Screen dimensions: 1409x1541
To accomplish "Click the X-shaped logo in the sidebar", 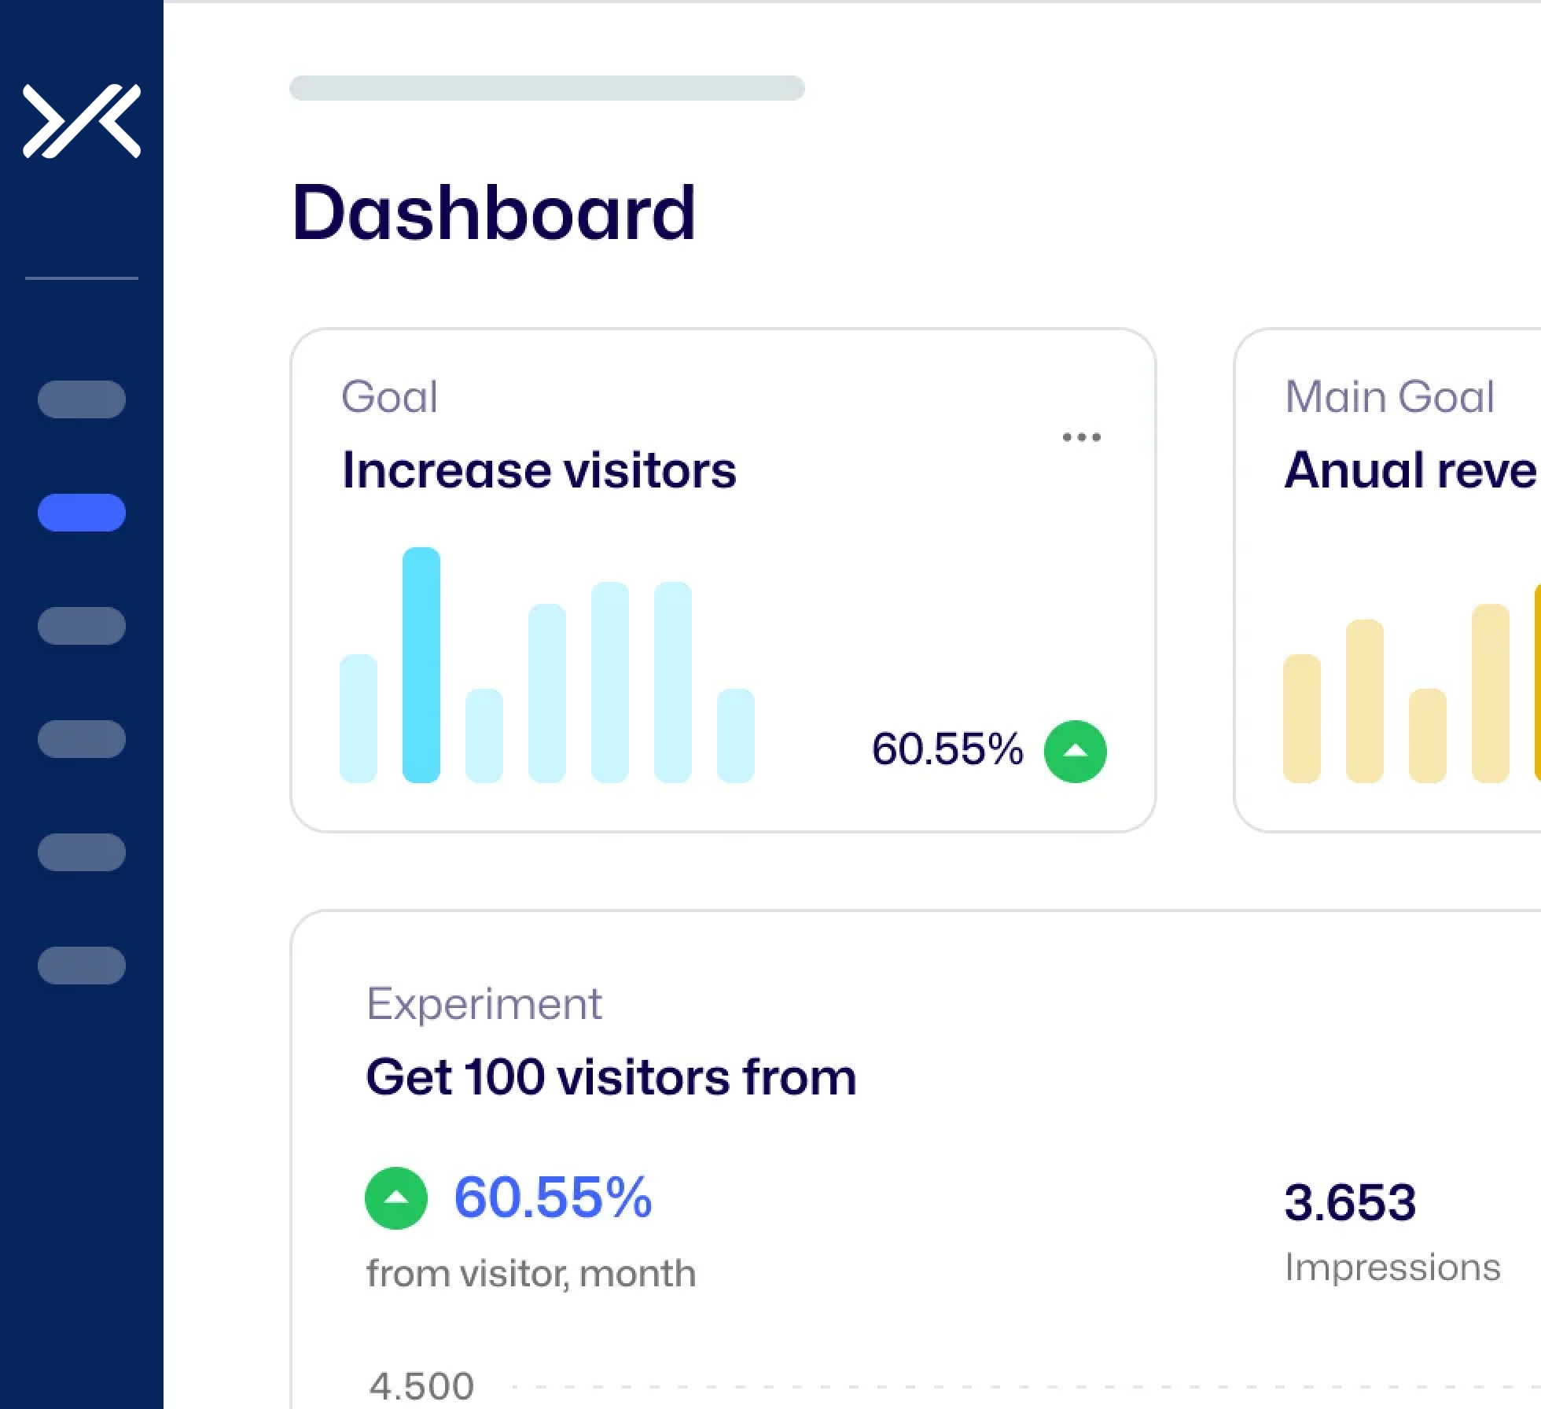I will [x=82, y=121].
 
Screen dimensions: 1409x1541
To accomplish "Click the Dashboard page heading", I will [x=493, y=212].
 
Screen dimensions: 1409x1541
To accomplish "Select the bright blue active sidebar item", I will [x=82, y=513].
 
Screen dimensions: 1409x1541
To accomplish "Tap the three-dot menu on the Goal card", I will [x=1081, y=437].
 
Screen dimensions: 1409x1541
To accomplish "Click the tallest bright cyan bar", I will [x=421, y=665].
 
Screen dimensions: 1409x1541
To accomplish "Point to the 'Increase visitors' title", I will [x=539, y=470].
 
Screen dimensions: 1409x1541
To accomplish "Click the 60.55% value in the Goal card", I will [x=947, y=749].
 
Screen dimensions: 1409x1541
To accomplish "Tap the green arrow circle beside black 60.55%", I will [x=1075, y=752].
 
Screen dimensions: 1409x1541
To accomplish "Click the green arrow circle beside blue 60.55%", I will [x=396, y=1197].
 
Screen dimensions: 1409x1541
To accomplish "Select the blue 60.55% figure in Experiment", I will [x=553, y=1197].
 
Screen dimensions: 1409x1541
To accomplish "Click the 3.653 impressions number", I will [x=1350, y=1202].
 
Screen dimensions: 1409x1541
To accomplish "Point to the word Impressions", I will [x=1392, y=1267].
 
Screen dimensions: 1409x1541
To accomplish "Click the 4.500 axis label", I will [x=422, y=1385].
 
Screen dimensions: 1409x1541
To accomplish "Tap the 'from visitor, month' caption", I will [x=531, y=1273].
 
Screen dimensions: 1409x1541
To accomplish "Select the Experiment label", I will [x=484, y=1004].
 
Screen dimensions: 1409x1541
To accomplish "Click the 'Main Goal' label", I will [x=1389, y=396].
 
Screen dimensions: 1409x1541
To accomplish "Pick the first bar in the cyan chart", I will [x=359, y=719].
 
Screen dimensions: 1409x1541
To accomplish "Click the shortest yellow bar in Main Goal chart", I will [x=1427, y=736].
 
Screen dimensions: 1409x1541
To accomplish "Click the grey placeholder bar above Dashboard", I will [x=547, y=88].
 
